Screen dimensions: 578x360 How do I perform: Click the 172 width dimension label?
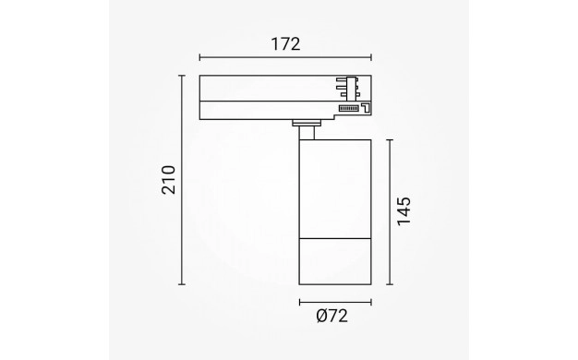[285, 44]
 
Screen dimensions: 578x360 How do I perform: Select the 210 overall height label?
[168, 180]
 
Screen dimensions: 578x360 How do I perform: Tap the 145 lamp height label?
[403, 211]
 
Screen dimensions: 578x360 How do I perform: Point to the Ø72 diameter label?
[332, 316]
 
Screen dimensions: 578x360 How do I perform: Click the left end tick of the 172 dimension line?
[199, 57]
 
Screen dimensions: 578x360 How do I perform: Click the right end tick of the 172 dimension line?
[371, 57]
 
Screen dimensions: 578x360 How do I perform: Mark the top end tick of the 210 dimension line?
[181, 76]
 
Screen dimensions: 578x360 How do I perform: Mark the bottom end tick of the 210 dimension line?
[181, 284]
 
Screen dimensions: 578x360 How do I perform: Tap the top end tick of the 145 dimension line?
[390, 140]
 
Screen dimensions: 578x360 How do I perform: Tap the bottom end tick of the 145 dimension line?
[390, 284]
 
